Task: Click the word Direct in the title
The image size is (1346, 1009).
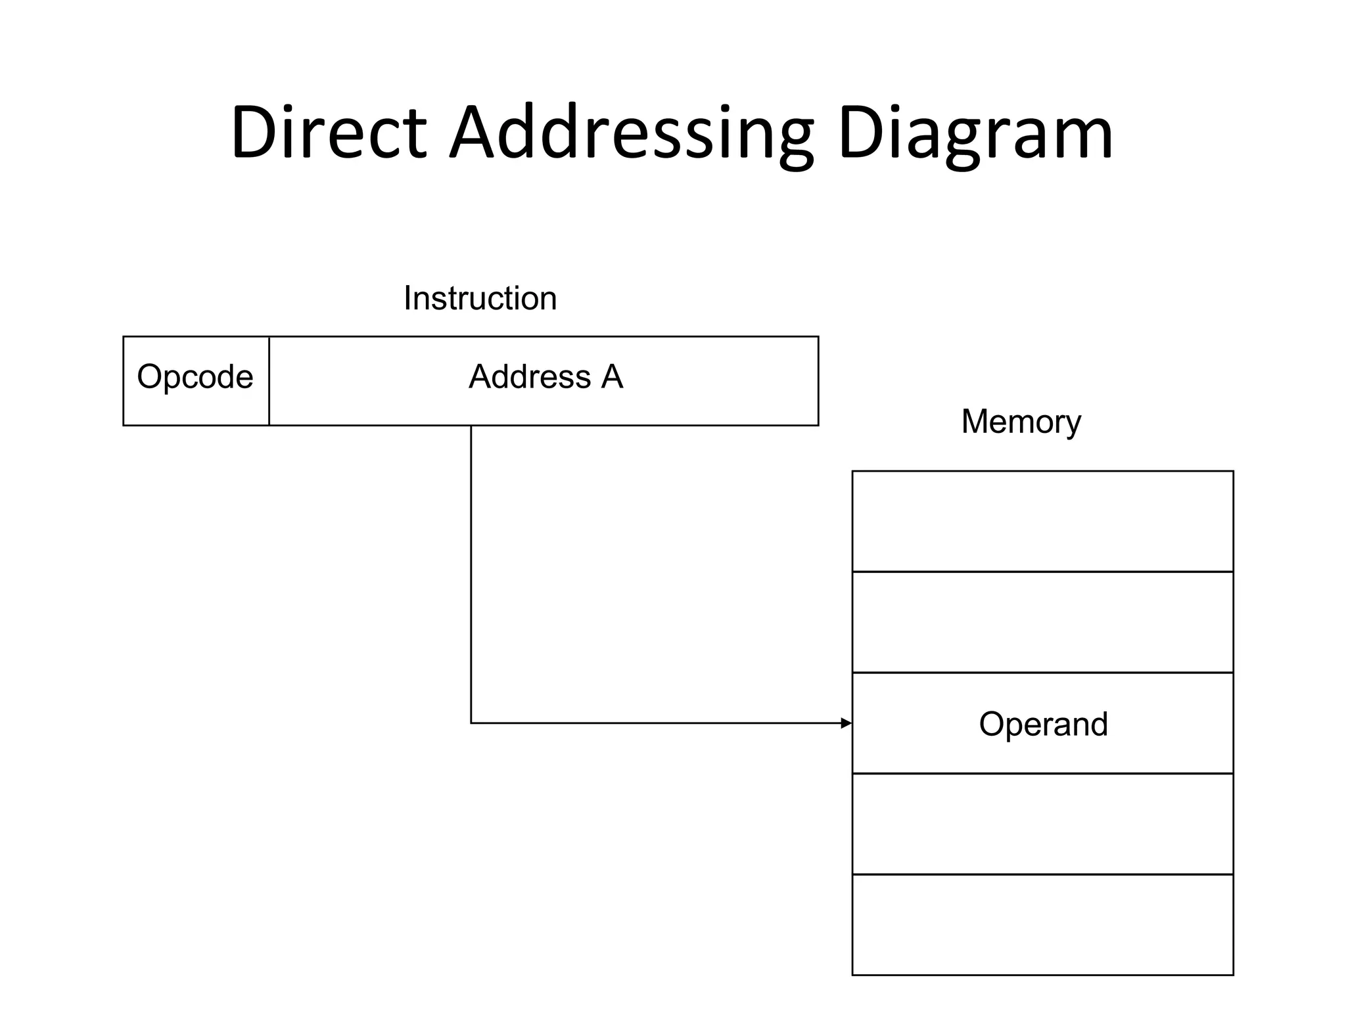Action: (x=329, y=133)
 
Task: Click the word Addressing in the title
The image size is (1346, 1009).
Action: (x=631, y=133)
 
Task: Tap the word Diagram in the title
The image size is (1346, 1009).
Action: (x=975, y=133)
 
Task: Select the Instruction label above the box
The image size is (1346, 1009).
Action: (x=480, y=298)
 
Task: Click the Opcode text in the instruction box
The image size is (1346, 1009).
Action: (x=195, y=377)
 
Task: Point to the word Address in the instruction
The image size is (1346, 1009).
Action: (x=529, y=377)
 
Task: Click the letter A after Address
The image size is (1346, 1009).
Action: (x=612, y=377)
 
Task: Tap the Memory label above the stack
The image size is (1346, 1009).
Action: (x=1021, y=422)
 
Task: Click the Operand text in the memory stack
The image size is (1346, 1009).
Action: (x=1043, y=724)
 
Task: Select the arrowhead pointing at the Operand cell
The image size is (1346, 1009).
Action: (x=847, y=723)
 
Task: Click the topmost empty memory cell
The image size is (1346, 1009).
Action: (x=1042, y=522)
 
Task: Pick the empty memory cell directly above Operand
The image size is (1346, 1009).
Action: (x=1042, y=622)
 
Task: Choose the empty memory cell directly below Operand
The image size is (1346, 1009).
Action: (x=1042, y=824)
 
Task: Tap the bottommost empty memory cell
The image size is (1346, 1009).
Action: (x=1042, y=924)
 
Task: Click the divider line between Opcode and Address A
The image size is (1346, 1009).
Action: (x=269, y=381)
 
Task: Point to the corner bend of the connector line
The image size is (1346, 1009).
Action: (x=471, y=723)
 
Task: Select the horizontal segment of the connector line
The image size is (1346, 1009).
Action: (x=657, y=723)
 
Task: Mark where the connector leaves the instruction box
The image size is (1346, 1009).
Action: (x=471, y=426)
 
